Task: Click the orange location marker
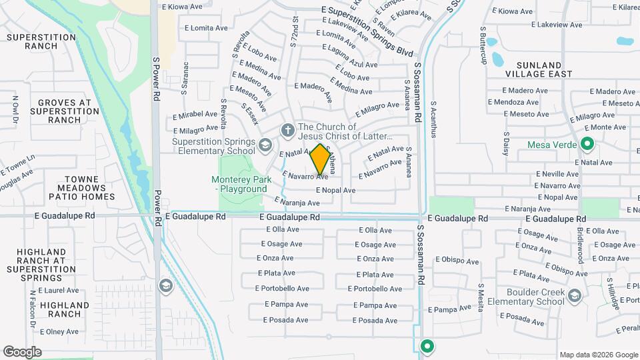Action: coord(321,159)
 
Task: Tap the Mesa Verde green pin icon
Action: coord(587,144)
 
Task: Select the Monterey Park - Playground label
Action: coord(239,184)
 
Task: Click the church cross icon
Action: coord(288,130)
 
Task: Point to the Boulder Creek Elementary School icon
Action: coord(574,294)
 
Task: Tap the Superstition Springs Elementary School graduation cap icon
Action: coord(265,145)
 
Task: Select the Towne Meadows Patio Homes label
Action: coord(81,188)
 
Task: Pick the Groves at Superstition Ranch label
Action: coord(65,111)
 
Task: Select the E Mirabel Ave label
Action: coord(195,115)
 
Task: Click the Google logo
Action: coord(22,352)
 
